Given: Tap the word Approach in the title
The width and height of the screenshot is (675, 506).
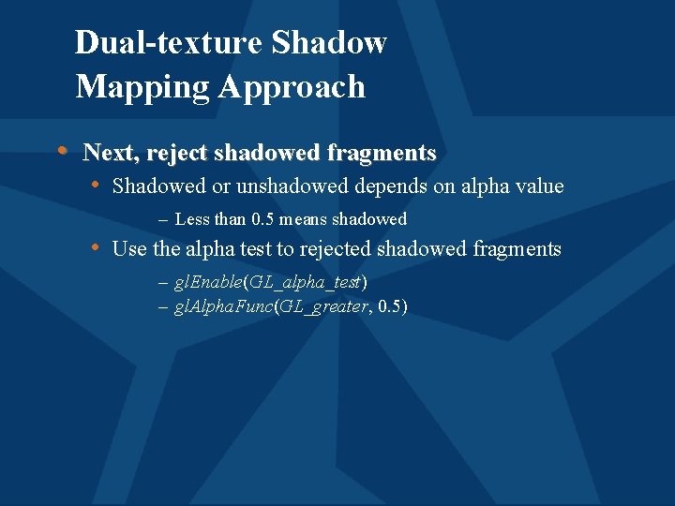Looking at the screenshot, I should coord(292,86).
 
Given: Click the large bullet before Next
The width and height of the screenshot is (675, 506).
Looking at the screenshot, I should coord(62,150).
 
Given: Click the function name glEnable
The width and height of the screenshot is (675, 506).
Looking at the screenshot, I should coord(208,283).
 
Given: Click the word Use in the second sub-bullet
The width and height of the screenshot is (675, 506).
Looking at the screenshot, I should coord(127,248).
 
